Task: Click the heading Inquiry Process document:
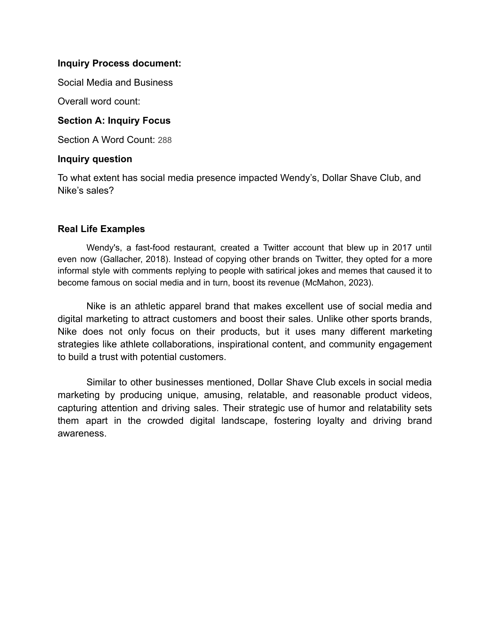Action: (x=119, y=63)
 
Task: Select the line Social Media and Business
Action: (x=115, y=83)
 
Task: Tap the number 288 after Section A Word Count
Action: (x=164, y=140)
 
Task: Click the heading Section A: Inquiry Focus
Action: (x=114, y=121)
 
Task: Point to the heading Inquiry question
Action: (x=95, y=159)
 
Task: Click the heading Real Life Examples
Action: (x=101, y=229)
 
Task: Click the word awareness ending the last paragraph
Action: (x=81, y=434)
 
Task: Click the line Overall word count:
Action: (x=99, y=101)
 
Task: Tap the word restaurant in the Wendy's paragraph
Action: (x=194, y=248)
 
